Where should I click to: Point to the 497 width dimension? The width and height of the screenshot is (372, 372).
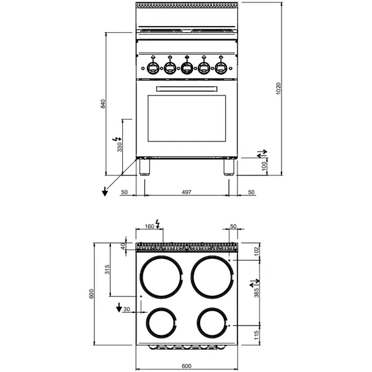[186, 193]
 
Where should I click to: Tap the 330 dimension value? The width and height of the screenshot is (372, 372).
[120, 146]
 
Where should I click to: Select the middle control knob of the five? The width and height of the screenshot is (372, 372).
[186, 66]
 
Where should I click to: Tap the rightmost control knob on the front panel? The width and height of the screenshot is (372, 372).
[219, 66]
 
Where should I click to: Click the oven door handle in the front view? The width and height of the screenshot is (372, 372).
[186, 89]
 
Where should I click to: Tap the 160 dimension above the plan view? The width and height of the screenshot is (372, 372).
[149, 227]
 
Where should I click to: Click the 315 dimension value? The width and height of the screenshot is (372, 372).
[107, 269]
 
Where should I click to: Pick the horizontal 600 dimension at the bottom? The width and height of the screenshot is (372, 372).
[186, 366]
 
